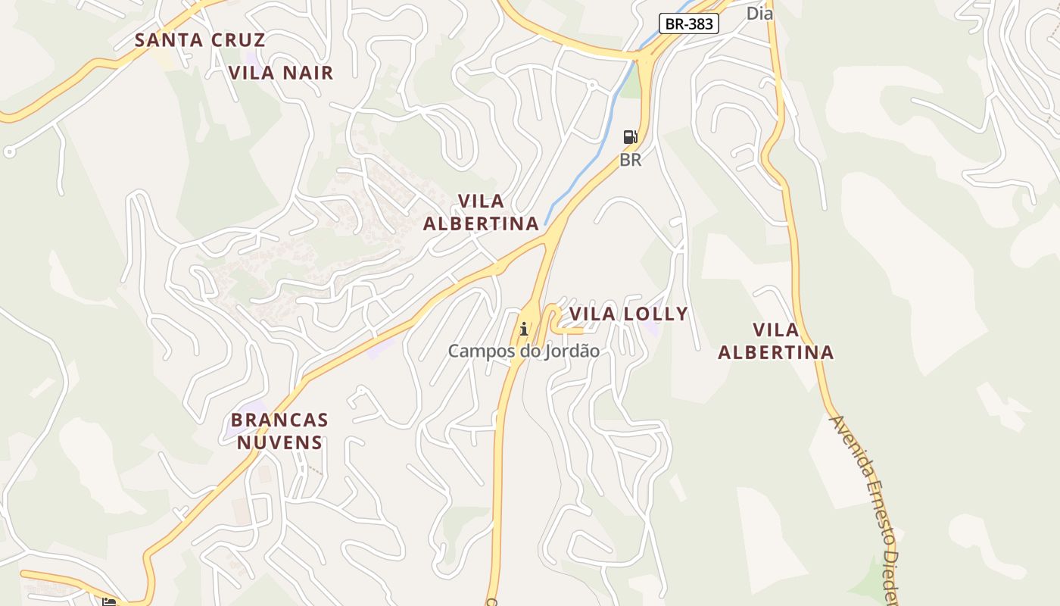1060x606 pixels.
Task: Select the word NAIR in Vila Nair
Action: (x=307, y=73)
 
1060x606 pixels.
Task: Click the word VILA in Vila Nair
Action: (x=252, y=73)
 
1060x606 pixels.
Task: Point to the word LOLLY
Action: (x=654, y=314)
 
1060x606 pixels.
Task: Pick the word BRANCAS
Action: (x=279, y=420)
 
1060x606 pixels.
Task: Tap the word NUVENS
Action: (x=279, y=442)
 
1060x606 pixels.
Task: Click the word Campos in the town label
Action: (x=476, y=351)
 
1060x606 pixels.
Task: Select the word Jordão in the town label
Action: (x=571, y=351)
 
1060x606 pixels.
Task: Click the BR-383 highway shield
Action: (x=688, y=23)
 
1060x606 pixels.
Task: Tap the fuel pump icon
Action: (x=630, y=137)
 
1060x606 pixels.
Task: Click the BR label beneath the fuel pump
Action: (x=630, y=160)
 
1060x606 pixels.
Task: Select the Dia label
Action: (x=759, y=13)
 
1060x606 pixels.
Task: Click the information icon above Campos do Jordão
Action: (x=523, y=329)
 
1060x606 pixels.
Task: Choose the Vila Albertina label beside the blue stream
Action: (x=481, y=212)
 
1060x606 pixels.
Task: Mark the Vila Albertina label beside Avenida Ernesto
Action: (x=776, y=341)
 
